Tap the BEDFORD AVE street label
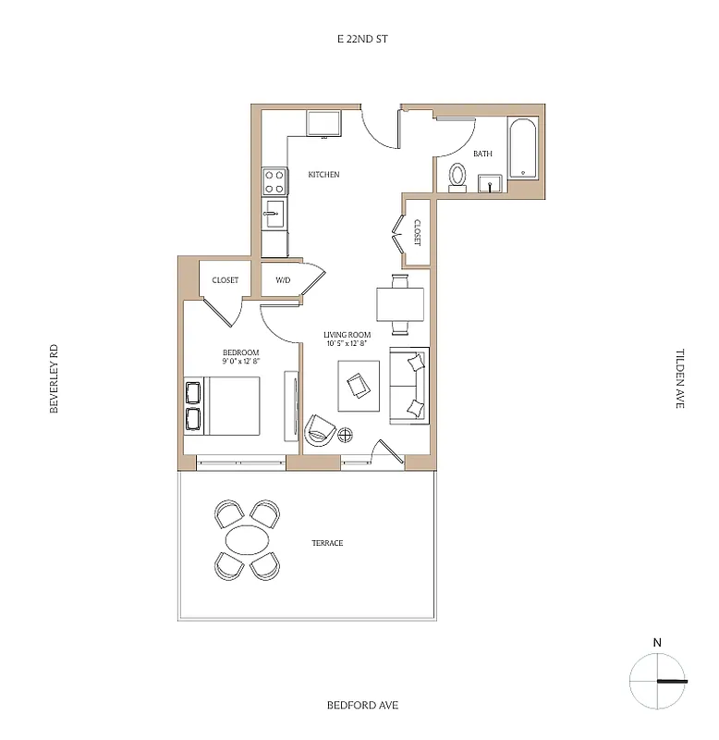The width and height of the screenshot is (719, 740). (362, 705)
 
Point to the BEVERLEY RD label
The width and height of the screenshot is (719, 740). (55, 378)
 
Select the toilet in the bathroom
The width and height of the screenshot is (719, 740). (457, 177)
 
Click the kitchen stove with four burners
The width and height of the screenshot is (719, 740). (274, 179)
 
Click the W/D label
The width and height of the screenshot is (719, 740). (283, 280)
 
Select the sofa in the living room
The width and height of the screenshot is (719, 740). (409, 385)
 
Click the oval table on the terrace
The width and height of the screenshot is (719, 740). (249, 540)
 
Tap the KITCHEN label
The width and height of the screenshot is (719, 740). (323, 174)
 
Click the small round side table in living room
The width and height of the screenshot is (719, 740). (347, 434)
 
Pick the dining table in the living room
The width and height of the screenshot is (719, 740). (400, 302)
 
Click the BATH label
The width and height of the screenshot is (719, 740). (482, 154)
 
